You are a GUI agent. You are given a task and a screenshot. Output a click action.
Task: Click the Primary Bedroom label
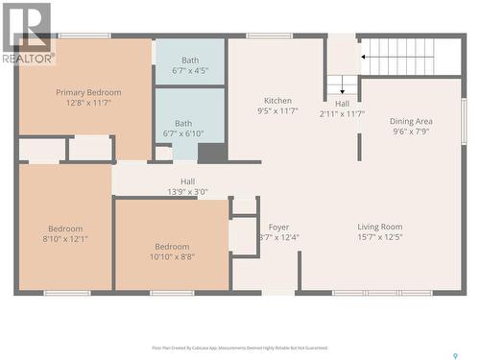click(x=88, y=92)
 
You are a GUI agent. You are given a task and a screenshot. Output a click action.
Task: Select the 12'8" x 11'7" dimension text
click(x=88, y=103)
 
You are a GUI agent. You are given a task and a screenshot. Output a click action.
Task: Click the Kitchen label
click(x=278, y=101)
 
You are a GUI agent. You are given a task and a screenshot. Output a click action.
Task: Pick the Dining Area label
click(x=410, y=121)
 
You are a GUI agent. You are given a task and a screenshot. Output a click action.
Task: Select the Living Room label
click(x=380, y=227)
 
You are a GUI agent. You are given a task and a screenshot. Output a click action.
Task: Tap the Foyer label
click(x=278, y=228)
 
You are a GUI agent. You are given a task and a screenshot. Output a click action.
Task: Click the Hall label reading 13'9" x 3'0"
click(x=188, y=180)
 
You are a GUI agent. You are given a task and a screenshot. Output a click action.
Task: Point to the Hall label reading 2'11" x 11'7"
click(x=342, y=104)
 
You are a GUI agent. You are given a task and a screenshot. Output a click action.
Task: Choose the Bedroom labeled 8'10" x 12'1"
click(x=65, y=228)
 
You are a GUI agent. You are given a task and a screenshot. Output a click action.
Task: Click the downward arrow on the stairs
click(x=342, y=88)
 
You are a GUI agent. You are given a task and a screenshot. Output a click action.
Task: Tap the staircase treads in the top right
click(x=398, y=56)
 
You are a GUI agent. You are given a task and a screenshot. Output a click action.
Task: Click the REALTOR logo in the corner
click(x=27, y=33)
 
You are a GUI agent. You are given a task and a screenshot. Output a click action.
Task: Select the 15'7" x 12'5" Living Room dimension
click(x=380, y=237)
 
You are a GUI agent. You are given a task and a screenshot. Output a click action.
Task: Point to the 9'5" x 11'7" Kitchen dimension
click(x=278, y=111)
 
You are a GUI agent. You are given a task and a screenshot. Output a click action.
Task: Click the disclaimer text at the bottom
click(x=239, y=348)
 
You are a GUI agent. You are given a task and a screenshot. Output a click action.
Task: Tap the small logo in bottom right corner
click(x=455, y=355)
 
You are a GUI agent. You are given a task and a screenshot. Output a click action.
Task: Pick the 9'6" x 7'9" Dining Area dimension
click(x=410, y=132)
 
